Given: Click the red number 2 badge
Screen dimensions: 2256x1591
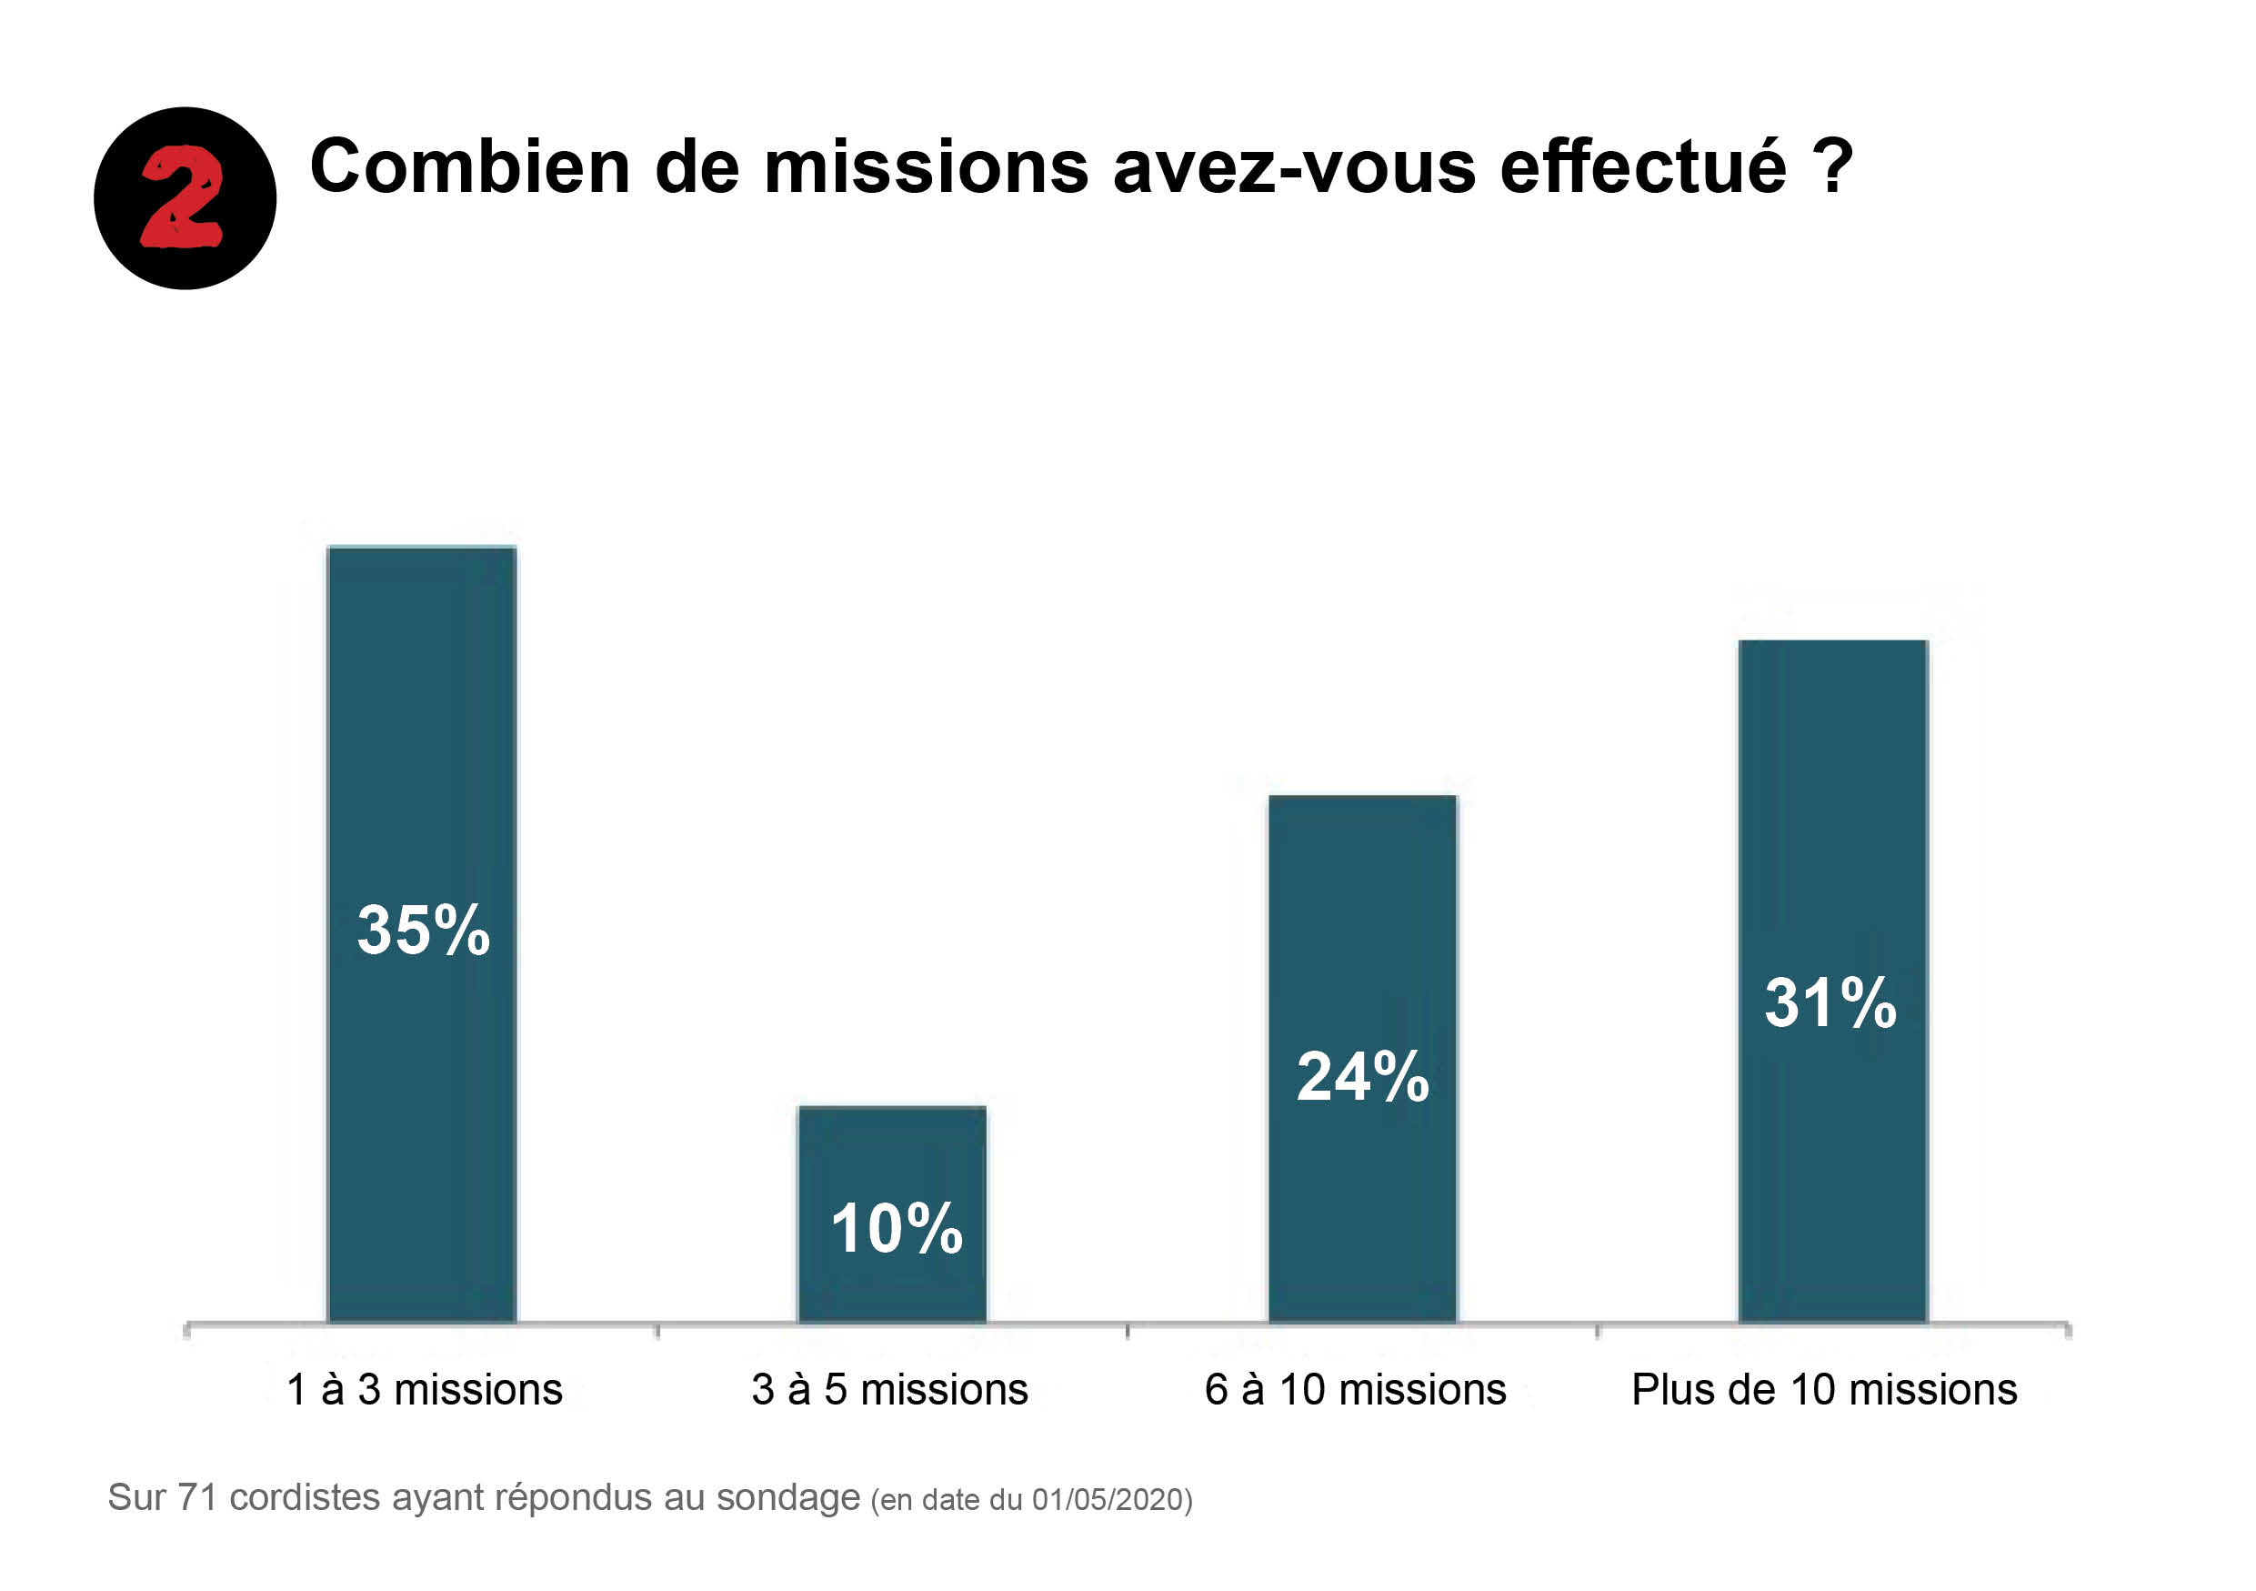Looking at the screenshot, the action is pos(185,198).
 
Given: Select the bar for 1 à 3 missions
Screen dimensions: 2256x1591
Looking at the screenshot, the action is pos(422,934).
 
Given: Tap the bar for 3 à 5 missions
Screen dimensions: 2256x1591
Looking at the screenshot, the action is pos(892,1214).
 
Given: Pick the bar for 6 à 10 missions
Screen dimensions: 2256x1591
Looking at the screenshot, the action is pos(1363,1060).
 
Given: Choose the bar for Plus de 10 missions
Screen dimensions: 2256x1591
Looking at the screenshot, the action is pos(1833,982).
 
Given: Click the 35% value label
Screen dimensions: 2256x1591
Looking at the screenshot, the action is pos(424,930).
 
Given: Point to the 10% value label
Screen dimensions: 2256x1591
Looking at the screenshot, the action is pos(896,1228).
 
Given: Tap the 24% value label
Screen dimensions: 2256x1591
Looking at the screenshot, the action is pos(1363,1076).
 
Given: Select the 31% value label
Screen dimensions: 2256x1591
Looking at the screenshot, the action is pos(1830,1002).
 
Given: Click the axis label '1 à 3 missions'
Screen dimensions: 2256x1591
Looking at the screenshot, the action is pos(425,1390).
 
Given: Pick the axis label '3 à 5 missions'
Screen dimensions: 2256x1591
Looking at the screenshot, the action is pos(890,1390).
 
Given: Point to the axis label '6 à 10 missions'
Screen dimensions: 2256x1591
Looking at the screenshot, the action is pos(1356,1390).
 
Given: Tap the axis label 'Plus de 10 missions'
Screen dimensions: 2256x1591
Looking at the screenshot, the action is pos(1825,1390).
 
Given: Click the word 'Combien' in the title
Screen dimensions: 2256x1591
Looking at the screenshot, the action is pos(471,165).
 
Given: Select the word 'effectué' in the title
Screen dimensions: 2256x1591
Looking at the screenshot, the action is pos(1644,165).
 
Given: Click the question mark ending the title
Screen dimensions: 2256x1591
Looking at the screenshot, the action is pos(1833,165).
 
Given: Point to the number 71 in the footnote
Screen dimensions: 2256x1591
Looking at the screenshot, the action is pos(196,1496).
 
